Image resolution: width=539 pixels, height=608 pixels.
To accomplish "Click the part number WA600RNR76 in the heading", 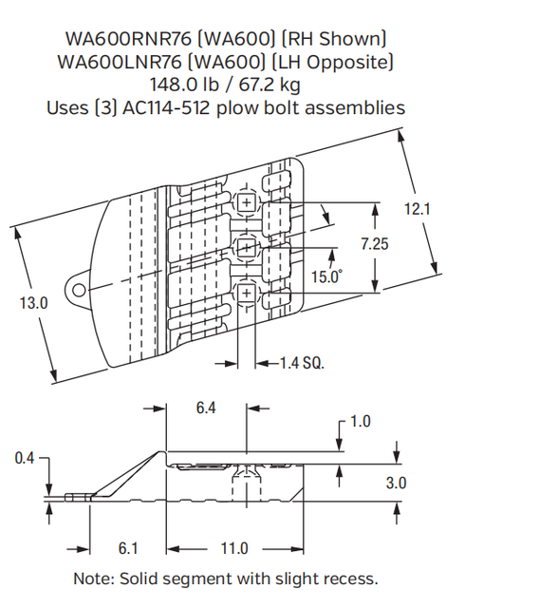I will (x=121, y=39).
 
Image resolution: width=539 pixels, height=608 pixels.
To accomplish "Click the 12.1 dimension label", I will (x=418, y=209).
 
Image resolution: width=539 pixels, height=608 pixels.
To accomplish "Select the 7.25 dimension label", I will (x=375, y=244).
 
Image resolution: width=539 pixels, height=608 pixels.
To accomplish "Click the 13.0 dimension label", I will (x=33, y=303).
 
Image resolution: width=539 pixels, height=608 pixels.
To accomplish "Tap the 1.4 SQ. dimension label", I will (x=302, y=362).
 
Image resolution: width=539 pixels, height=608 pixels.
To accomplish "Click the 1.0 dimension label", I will (x=361, y=422).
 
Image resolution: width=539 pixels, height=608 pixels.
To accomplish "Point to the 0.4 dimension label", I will (x=26, y=459).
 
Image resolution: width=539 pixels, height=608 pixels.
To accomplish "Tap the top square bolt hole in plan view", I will (x=247, y=203).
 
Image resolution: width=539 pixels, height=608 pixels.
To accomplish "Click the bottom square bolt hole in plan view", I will (x=247, y=294).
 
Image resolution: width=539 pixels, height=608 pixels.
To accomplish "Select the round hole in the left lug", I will (x=80, y=290).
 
